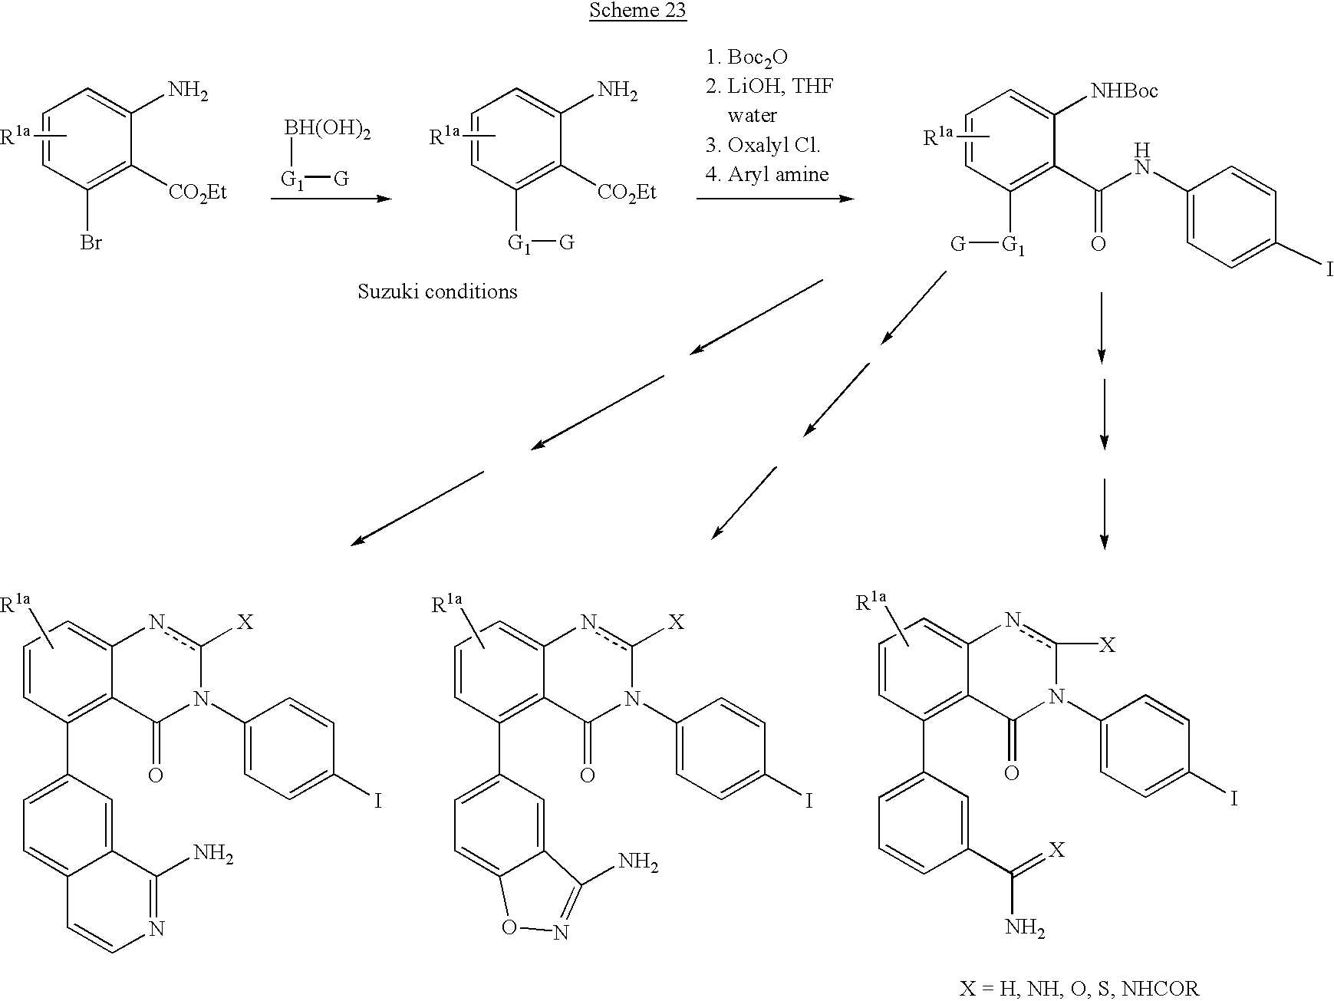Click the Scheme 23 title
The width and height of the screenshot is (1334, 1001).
click(637, 11)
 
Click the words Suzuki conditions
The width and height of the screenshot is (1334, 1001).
click(437, 291)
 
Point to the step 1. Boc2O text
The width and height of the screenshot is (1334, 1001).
click(747, 58)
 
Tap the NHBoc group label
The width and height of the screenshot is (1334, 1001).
click(1124, 91)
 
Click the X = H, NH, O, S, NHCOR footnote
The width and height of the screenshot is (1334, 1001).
click(1079, 988)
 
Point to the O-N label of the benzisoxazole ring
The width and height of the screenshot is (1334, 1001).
click(534, 930)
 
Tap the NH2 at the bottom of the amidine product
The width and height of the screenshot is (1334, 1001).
click(1026, 929)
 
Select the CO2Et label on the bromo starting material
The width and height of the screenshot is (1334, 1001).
click(198, 191)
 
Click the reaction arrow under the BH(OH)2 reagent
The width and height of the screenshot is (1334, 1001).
click(331, 199)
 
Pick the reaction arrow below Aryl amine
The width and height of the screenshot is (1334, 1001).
click(776, 199)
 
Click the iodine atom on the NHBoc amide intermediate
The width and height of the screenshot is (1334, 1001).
click(1330, 269)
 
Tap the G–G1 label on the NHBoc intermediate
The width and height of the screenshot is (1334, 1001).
click(987, 245)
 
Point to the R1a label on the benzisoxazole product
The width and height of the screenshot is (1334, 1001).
click(449, 604)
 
